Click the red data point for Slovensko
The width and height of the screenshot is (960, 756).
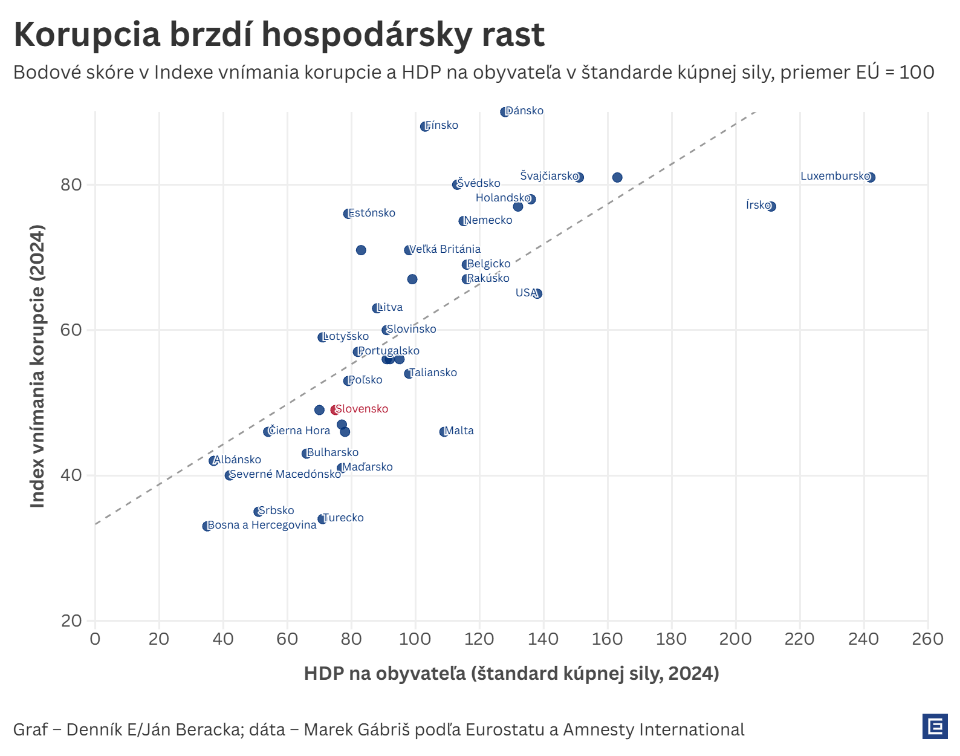[x=334, y=410]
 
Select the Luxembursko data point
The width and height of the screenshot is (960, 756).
[x=871, y=177]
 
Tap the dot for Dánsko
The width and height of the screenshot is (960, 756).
[x=505, y=112]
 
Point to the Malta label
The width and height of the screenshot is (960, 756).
[x=459, y=431]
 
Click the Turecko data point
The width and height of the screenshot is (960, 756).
[x=322, y=519]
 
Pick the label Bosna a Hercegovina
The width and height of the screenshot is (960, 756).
[x=262, y=525]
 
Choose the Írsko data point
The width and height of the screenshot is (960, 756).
[x=771, y=206]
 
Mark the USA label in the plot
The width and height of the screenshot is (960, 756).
[x=526, y=293]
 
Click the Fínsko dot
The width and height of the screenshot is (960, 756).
[x=425, y=126]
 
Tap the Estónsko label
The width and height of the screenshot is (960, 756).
[x=372, y=213]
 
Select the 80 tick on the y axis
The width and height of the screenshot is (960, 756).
[x=71, y=184]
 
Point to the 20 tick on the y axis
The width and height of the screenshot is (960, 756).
[x=71, y=621]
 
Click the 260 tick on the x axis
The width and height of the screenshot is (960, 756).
[x=927, y=639]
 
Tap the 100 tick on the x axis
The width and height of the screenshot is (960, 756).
[x=415, y=639]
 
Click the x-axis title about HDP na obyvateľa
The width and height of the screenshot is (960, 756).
[x=511, y=673]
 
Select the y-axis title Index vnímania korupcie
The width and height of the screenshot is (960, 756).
[x=37, y=366]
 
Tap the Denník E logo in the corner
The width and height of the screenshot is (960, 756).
[x=935, y=726]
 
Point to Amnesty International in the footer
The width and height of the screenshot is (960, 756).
[x=654, y=729]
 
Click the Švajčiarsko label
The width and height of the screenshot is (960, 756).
[x=549, y=176]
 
